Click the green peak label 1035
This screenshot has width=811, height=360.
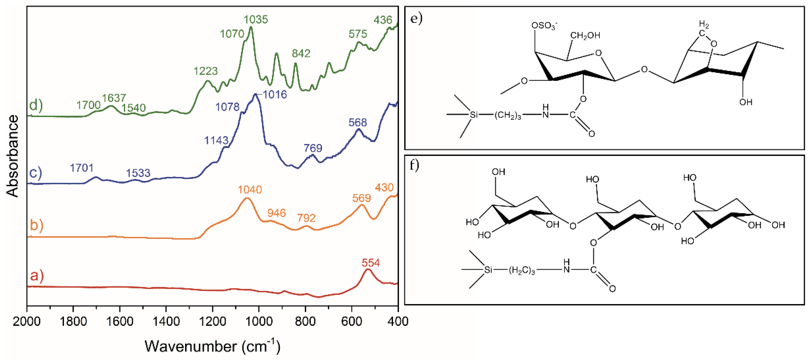pyautogui.click(x=256, y=20)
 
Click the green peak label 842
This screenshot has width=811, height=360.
pyautogui.click(x=301, y=53)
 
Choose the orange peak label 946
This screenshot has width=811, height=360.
pyautogui.click(x=276, y=213)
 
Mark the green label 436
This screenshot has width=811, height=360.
pyautogui.click(x=383, y=20)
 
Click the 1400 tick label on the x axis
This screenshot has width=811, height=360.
pyautogui.click(x=166, y=322)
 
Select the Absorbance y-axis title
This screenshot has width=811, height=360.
pyautogui.click(x=13, y=156)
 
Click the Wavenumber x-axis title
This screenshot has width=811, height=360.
pyautogui.click(x=213, y=346)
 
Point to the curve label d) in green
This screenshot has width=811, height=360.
pyautogui.click(x=36, y=104)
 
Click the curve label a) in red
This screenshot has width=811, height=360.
pyautogui.click(x=37, y=275)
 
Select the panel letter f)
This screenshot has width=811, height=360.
pyautogui.click(x=414, y=165)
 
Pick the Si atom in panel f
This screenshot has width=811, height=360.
pyautogui.click(x=488, y=270)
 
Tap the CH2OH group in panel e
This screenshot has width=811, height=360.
pyautogui.click(x=585, y=35)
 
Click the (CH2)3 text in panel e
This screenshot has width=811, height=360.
pyautogui.click(x=508, y=115)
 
